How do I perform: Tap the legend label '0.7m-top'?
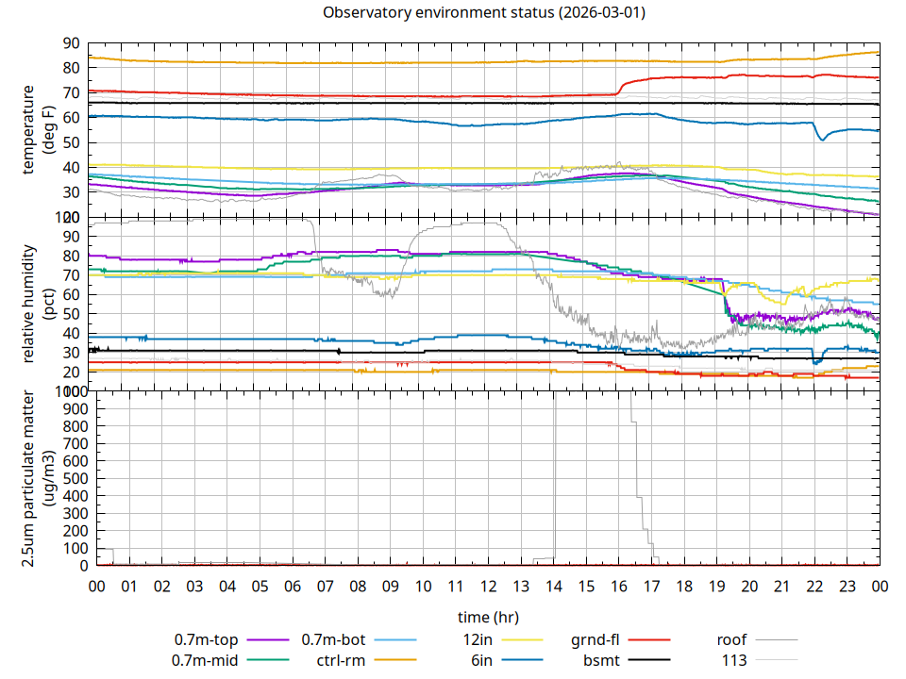pos(205,640)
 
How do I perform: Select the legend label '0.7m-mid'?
pos(205,660)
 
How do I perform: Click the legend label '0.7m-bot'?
pos(333,640)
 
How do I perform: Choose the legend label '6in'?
pos(481,660)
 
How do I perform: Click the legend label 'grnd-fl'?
pos(594,640)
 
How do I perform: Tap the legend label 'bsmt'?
pos(601,660)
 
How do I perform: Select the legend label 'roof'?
pos(731,640)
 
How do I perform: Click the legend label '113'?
pos(734,660)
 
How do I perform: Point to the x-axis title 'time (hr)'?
pos(488,618)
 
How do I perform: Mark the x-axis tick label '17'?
pos(651,587)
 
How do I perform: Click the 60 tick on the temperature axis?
pos(72,117)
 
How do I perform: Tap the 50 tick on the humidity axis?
pos(72,313)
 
